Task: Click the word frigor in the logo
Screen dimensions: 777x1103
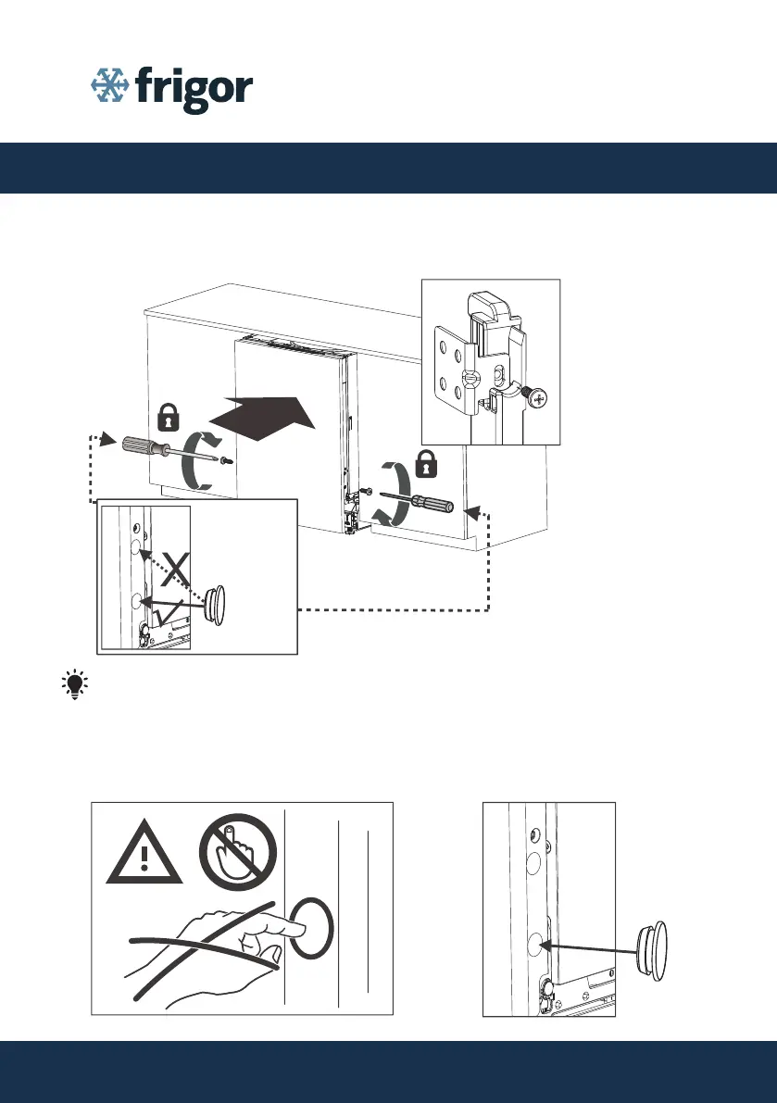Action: tap(194, 90)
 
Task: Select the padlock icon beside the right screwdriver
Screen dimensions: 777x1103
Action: tap(426, 463)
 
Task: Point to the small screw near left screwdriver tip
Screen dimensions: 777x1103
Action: tap(227, 461)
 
